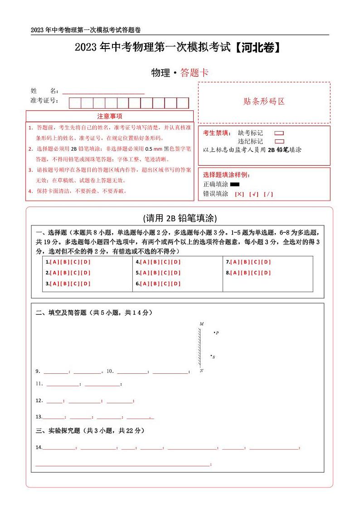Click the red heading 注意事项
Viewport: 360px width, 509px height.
(109, 117)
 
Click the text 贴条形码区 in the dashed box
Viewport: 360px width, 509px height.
(264, 102)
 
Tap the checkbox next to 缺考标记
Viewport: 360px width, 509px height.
(279, 133)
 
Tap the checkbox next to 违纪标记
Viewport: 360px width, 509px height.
(279, 142)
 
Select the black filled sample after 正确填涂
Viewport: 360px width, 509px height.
(235, 184)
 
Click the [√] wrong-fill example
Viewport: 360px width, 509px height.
(254, 194)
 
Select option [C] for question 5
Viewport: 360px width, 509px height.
(165, 273)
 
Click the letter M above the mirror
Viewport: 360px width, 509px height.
(201, 324)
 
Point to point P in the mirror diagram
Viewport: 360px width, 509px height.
(214, 333)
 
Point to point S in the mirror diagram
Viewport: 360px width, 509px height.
(211, 356)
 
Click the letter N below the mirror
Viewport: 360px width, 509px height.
(201, 371)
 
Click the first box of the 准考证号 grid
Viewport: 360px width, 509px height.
(75, 103)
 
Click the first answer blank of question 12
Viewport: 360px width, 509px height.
(54, 401)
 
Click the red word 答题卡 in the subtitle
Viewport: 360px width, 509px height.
(194, 73)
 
